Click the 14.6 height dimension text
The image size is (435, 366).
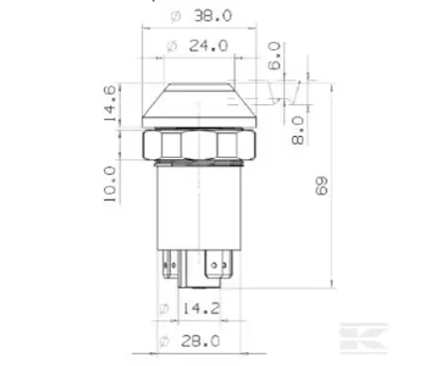tap(111, 105)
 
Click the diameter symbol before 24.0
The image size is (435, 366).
tap(171, 44)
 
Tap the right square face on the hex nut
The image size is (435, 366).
tap(228, 146)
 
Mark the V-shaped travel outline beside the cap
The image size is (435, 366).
tap(285, 95)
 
